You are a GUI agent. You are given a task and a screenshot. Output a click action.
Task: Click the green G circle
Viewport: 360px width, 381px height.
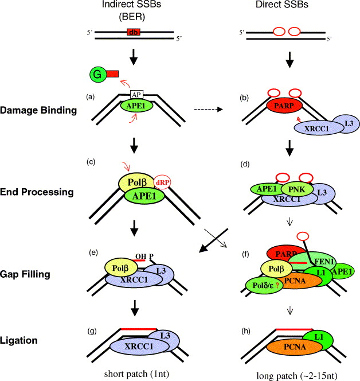point(97,75)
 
